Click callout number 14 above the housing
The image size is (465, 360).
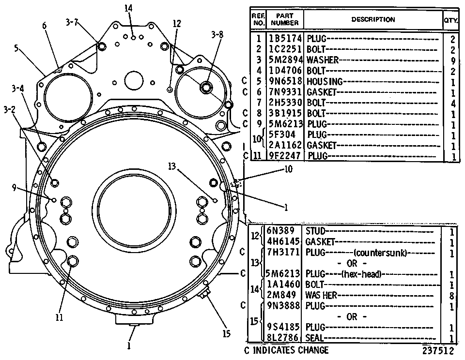click(x=128, y=8)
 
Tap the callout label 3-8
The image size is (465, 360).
click(x=217, y=35)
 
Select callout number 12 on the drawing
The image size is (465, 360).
click(x=177, y=23)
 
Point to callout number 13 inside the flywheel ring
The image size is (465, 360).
click(x=172, y=166)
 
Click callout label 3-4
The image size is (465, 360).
click(x=18, y=88)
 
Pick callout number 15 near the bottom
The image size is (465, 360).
click(x=226, y=334)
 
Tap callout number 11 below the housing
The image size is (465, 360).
click(x=59, y=317)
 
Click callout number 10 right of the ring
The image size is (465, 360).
click(x=288, y=169)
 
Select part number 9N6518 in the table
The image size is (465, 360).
click(x=285, y=81)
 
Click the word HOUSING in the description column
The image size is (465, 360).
click(x=325, y=81)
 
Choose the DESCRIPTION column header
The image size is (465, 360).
click(x=373, y=19)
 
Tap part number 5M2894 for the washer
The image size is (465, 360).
click(x=285, y=60)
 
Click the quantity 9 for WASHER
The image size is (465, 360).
click(x=452, y=60)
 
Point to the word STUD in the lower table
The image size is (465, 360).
click(x=315, y=231)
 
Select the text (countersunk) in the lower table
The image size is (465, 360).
click(x=380, y=253)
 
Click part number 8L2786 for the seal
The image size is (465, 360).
click(x=283, y=338)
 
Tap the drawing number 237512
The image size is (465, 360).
click(x=438, y=351)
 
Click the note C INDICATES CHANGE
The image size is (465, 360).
click(x=286, y=350)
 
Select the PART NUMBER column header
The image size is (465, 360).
click(x=285, y=19)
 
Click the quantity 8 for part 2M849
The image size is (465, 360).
click(x=451, y=296)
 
